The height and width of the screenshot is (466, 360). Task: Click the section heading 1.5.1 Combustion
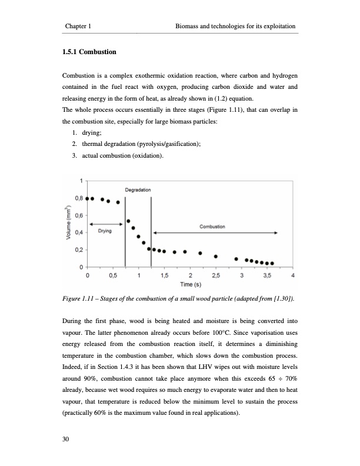89,52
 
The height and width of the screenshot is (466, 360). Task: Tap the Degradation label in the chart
138,189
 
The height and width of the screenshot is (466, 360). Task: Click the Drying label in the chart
105,231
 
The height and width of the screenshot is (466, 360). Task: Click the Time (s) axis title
190,285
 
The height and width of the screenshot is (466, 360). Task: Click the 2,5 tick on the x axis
216,275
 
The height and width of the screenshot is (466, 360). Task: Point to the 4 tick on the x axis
293,275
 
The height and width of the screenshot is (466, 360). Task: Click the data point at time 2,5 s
215,256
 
